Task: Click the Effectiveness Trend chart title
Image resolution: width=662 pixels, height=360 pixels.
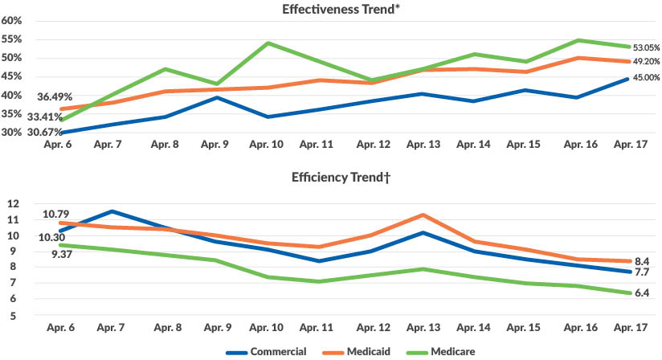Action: pyautogui.click(x=330, y=10)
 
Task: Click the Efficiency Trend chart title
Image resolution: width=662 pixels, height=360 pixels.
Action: pyautogui.click(x=330, y=181)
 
